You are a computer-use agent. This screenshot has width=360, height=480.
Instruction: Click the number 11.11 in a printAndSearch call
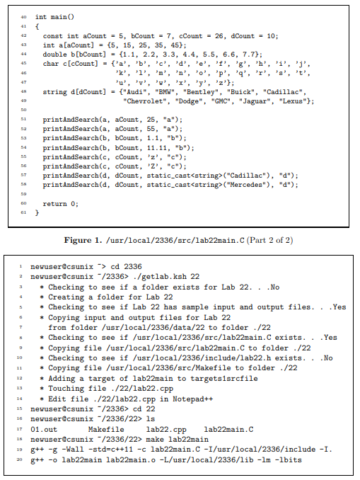click(x=140, y=147)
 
